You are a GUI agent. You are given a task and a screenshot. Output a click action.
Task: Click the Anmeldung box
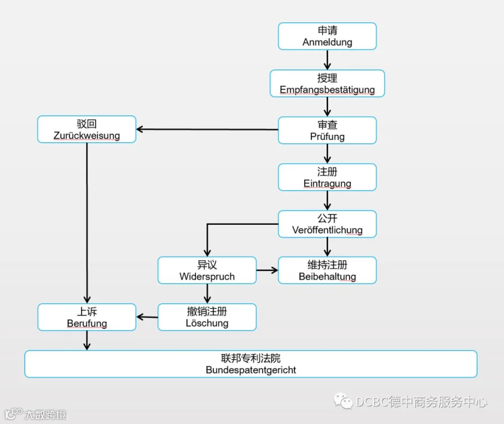[x=327, y=36]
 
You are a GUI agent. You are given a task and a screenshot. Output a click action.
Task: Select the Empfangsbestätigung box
[x=327, y=83]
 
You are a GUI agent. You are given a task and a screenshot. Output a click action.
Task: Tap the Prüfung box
[x=327, y=130]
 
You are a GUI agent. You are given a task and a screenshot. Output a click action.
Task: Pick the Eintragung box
[x=327, y=177]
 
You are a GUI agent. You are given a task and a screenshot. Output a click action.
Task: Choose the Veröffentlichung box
[x=327, y=224]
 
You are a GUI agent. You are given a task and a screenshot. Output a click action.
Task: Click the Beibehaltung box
[x=327, y=270]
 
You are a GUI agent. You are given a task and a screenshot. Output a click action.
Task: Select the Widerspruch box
[x=207, y=270]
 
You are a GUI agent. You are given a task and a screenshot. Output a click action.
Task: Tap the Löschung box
[x=207, y=317]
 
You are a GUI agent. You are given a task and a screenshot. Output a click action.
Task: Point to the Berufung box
[x=87, y=317]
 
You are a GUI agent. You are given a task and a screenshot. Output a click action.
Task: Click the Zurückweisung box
[x=87, y=129]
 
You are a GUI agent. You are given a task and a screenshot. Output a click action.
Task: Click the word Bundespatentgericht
[x=251, y=370]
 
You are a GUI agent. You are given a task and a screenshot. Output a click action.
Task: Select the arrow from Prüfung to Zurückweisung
[x=207, y=129]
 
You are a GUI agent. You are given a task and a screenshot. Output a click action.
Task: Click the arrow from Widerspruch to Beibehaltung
[x=267, y=270]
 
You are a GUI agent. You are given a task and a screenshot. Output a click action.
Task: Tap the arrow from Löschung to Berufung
[x=147, y=317]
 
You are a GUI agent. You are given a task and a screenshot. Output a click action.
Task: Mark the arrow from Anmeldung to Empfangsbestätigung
[x=327, y=60]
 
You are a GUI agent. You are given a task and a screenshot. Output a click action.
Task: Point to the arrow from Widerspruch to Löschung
[x=207, y=294]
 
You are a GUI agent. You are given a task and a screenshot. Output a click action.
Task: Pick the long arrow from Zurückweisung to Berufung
[x=87, y=223]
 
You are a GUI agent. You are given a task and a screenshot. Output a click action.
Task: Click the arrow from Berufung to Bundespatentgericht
[x=87, y=341]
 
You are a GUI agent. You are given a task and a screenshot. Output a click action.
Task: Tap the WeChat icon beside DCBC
[x=343, y=401]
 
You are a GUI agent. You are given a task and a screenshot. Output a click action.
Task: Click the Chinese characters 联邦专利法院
[x=251, y=358]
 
